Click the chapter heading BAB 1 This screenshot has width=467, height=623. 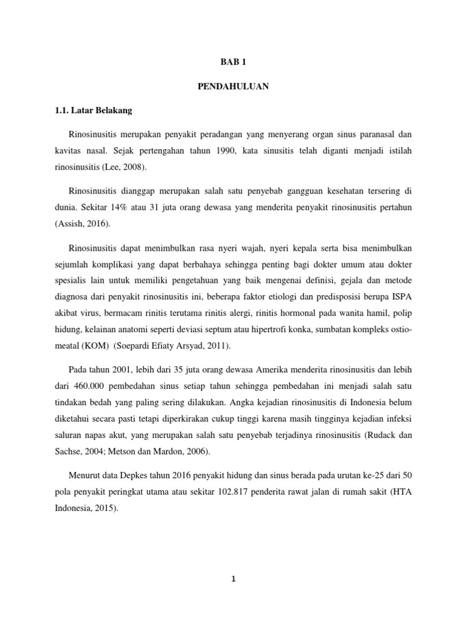tap(233, 62)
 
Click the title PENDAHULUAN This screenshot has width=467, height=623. tap(233, 87)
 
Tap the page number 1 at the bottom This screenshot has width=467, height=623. tap(233, 579)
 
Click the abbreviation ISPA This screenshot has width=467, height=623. tap(402, 298)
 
